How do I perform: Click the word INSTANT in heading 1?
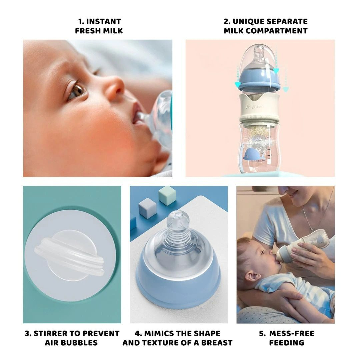click(103, 21)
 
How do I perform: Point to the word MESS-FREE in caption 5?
click(292, 333)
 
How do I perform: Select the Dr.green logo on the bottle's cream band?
click(254, 107)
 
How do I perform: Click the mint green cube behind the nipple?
click(167, 196)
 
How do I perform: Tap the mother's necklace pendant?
click(311, 229)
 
